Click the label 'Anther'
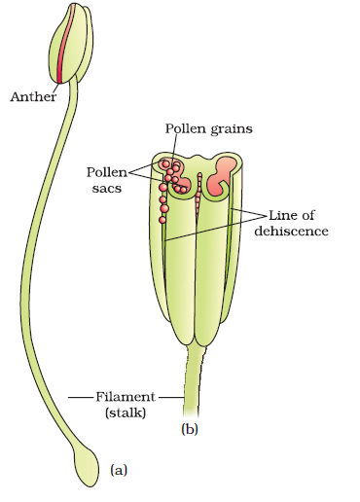(x=33, y=96)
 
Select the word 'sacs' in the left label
(x=133, y=189)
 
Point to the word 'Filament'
(x=126, y=397)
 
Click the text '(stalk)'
(x=124, y=413)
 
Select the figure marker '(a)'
(x=118, y=471)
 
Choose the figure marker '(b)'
(x=189, y=427)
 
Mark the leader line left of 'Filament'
(x=82, y=397)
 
